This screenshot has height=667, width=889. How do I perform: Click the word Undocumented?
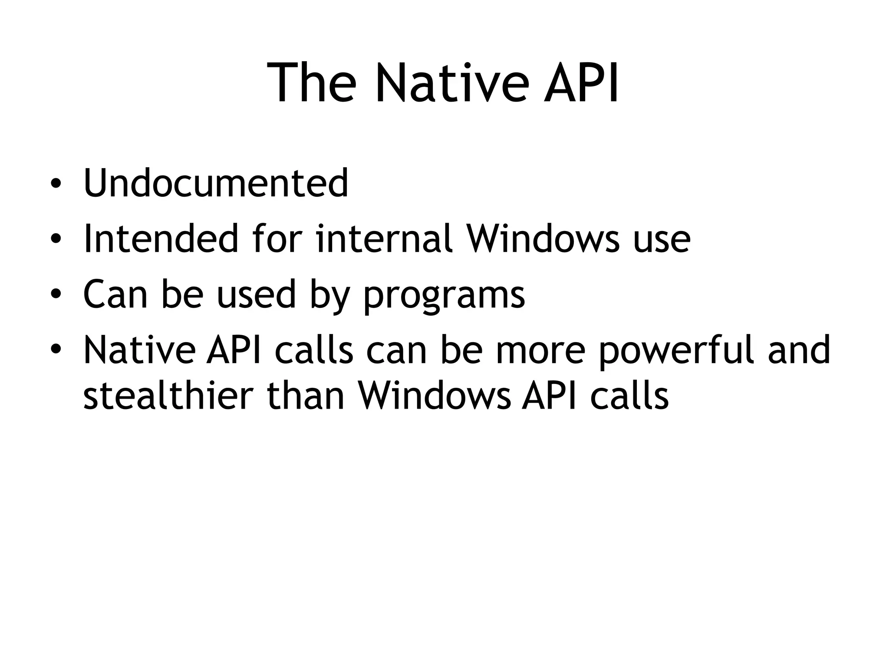click(216, 183)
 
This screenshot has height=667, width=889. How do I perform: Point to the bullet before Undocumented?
click(55, 184)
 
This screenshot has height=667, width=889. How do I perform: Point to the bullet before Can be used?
click(55, 296)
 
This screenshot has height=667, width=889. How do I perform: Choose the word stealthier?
click(168, 396)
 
